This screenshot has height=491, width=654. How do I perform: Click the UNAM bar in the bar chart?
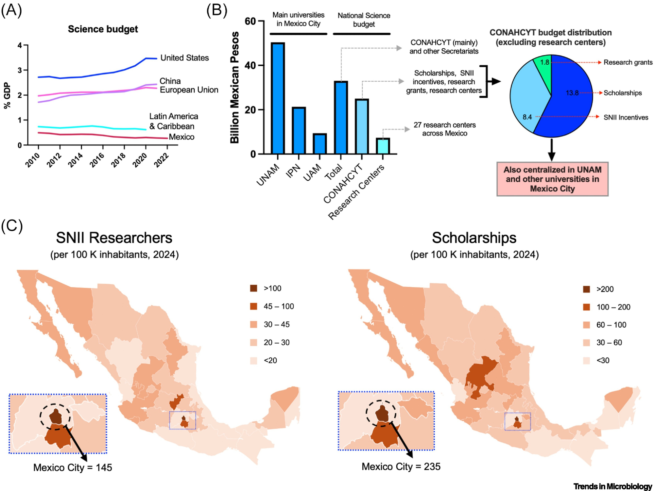[278, 98]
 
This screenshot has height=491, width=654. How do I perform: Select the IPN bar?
[299, 130]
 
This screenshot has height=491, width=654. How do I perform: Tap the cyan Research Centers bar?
[383, 146]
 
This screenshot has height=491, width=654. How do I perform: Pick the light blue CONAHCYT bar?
[362, 126]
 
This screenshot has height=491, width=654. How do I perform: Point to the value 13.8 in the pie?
[572, 93]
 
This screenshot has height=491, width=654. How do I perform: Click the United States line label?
[184, 58]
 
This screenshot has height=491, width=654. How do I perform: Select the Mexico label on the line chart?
[181, 137]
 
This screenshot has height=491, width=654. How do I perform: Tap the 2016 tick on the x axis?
[97, 160]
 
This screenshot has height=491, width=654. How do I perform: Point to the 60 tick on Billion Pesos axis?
[250, 21]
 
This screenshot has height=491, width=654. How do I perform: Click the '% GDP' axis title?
[7, 95]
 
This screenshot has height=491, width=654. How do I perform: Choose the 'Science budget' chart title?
[103, 29]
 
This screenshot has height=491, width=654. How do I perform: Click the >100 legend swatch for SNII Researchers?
[253, 288]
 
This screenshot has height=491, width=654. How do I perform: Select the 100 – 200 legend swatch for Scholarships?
[586, 307]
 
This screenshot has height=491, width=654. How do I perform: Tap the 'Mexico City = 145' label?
[73, 467]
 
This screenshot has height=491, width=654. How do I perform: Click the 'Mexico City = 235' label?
[401, 466]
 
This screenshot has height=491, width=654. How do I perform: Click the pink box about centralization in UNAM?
[552, 179]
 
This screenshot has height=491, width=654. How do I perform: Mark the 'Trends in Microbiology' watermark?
[612, 486]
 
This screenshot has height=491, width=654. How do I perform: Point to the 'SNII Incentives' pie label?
[626, 118]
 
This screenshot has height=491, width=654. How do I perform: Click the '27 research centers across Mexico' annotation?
[444, 129]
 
